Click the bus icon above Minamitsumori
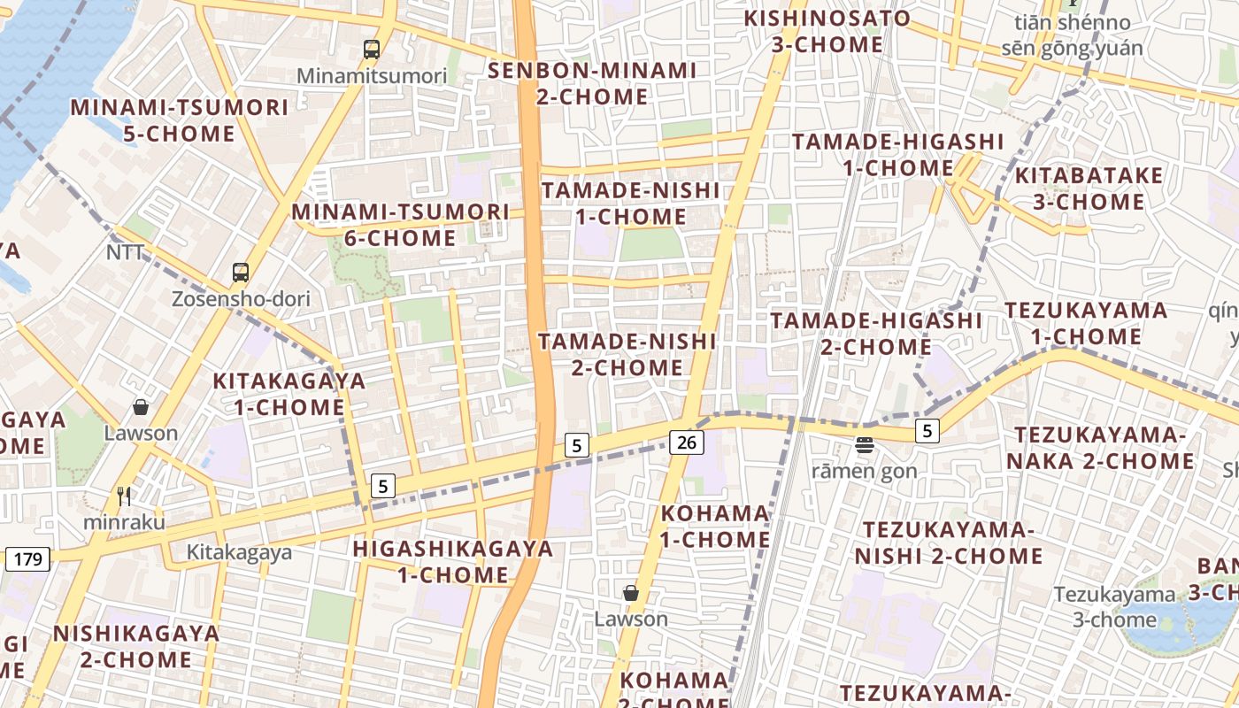[x=372, y=50]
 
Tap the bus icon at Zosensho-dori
[x=241, y=273]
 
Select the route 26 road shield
[x=687, y=442]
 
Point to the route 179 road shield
[x=28, y=558]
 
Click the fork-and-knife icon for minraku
[x=124, y=496]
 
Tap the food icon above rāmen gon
[x=865, y=444]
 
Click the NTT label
[x=125, y=252]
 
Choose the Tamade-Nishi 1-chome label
[x=630, y=204]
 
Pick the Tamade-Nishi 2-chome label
[x=627, y=354]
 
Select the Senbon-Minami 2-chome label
[x=593, y=83]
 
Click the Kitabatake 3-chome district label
[x=1089, y=189]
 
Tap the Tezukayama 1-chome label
[x=1086, y=324]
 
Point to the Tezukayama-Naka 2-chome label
[x=1100, y=448]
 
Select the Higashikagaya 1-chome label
[x=453, y=561]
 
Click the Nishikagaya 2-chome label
[x=136, y=646]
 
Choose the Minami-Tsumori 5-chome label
[x=180, y=120]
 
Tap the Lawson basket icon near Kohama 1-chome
[x=631, y=593]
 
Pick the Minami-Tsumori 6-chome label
[x=401, y=225]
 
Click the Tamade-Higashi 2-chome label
[x=876, y=333]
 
